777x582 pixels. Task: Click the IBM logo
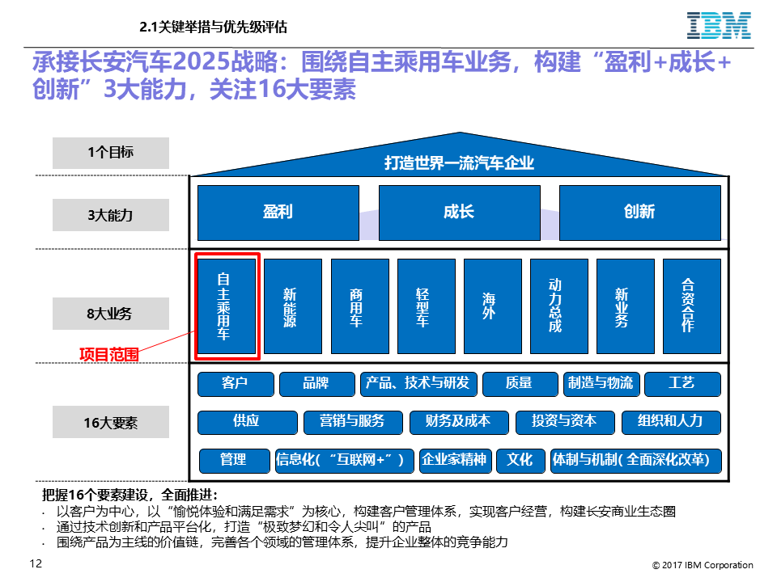pyautogui.click(x=719, y=26)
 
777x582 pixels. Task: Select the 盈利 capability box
pyautogui.click(x=278, y=213)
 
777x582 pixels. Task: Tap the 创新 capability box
pyautogui.click(x=639, y=213)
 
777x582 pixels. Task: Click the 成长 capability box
pyautogui.click(x=460, y=213)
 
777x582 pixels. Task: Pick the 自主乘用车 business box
pyautogui.click(x=227, y=306)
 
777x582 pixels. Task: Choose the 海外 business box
pyautogui.click(x=493, y=306)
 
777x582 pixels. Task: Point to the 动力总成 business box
pyautogui.click(x=559, y=306)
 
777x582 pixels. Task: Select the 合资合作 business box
pyautogui.click(x=692, y=306)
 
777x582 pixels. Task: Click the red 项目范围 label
pyautogui.click(x=109, y=354)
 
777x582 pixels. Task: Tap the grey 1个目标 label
pyautogui.click(x=111, y=153)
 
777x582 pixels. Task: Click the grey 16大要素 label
pyautogui.click(x=111, y=422)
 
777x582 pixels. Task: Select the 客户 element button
pyautogui.click(x=236, y=384)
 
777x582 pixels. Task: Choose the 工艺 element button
pyautogui.click(x=682, y=384)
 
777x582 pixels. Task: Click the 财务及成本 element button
pyautogui.click(x=459, y=422)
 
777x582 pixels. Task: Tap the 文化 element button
pyautogui.click(x=520, y=461)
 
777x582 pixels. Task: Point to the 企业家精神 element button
pyautogui.click(x=455, y=461)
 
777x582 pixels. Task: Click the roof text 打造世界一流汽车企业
pyautogui.click(x=460, y=162)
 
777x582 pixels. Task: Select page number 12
pyautogui.click(x=36, y=563)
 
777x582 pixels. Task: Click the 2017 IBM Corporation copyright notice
pyautogui.click(x=703, y=565)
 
